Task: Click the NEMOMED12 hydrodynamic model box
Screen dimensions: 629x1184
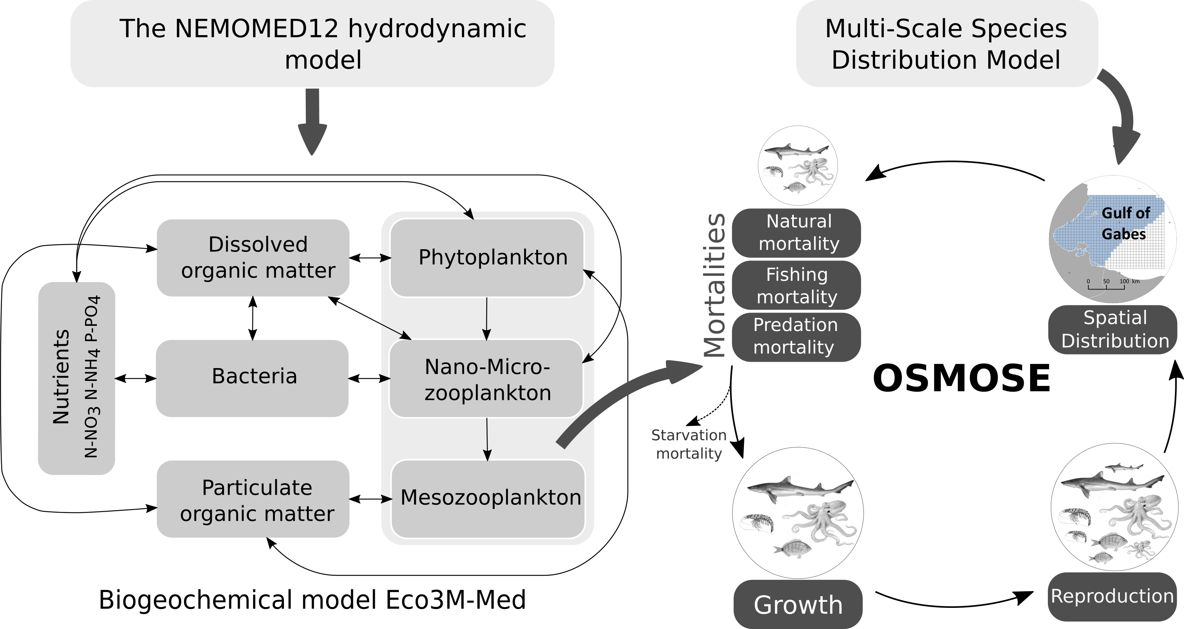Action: coord(313,44)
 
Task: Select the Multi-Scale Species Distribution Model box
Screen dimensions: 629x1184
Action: coord(947,44)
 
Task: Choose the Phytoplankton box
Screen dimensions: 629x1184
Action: coord(487,257)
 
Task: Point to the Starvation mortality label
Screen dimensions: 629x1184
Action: coord(689,444)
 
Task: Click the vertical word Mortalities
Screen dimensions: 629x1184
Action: coord(715,285)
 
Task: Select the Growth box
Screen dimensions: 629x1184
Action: coord(798,604)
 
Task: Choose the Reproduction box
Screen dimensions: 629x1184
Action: coord(1112,596)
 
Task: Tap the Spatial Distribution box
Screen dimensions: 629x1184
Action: coord(1114,330)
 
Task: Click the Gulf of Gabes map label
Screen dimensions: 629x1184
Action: coord(1125,224)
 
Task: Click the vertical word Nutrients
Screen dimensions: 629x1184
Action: coord(61,377)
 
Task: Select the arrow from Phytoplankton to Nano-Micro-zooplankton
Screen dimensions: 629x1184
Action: coord(487,318)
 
